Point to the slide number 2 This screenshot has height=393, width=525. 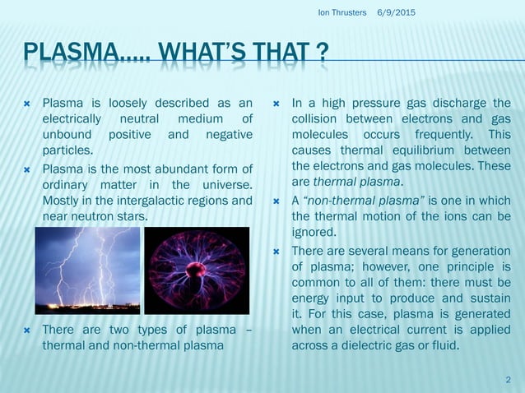pos(508,377)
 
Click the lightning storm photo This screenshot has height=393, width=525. pos(88,270)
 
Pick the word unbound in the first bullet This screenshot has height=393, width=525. pos(67,135)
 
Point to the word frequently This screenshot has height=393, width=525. pos(437,134)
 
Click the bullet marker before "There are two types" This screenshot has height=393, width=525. pos(27,330)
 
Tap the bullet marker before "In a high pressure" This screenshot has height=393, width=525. pos(277,104)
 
